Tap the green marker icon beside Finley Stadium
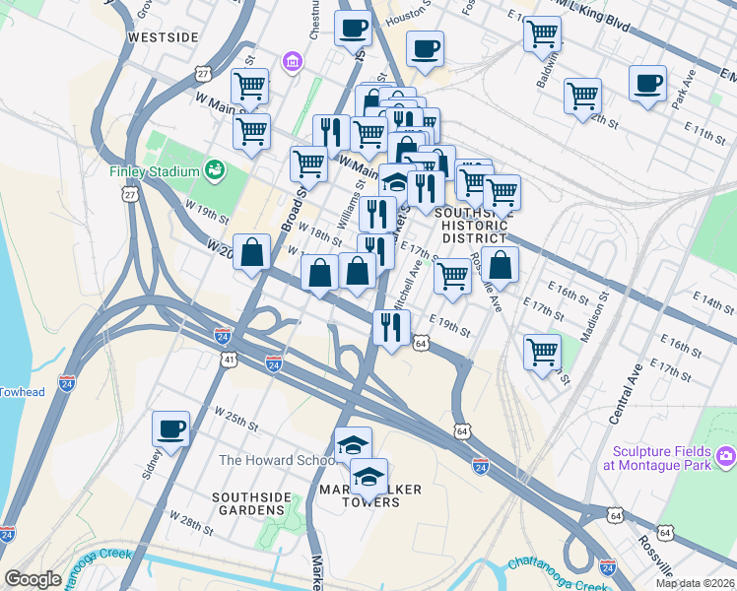point(213,170)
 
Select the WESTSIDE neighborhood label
point(164,37)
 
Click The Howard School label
point(270,460)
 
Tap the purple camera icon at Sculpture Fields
point(726,455)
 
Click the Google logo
point(33,578)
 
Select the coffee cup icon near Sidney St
point(170,428)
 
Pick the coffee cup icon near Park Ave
point(647,84)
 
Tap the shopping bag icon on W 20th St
point(253,252)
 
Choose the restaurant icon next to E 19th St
point(391,327)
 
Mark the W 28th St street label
point(191,522)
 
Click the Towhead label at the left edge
point(22,392)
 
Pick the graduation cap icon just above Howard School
point(353,444)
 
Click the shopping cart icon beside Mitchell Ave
point(452,276)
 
